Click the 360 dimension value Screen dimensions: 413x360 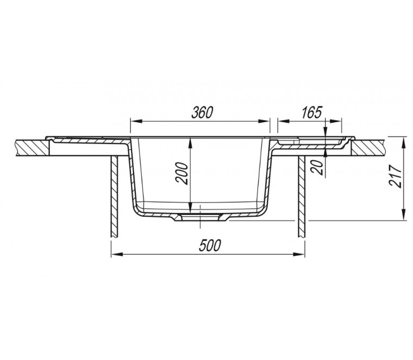click(x=202, y=112)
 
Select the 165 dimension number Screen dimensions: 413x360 click(x=312, y=112)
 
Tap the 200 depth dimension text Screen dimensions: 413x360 click(x=182, y=173)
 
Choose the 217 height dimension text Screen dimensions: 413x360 click(x=396, y=176)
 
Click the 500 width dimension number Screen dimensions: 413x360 click(x=209, y=245)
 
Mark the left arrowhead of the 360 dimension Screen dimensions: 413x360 click(x=136, y=121)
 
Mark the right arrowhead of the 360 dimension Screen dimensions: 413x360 click(x=264, y=121)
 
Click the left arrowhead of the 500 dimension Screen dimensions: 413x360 click(x=117, y=255)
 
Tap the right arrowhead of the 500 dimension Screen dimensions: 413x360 click(x=299, y=255)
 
